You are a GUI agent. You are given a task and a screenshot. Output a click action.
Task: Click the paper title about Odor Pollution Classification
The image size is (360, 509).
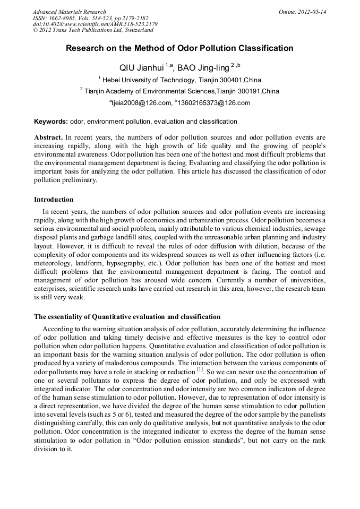[179, 48]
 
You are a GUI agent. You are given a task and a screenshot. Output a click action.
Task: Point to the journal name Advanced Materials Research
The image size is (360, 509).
[70, 12]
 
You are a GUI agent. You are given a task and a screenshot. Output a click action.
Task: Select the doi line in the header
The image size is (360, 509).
[95, 24]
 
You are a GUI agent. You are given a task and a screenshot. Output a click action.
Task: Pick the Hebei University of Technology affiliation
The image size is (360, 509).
[182, 80]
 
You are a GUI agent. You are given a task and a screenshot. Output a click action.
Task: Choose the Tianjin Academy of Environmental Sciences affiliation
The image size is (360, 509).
[181, 91]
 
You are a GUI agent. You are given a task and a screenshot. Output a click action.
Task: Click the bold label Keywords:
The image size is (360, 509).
[51, 122]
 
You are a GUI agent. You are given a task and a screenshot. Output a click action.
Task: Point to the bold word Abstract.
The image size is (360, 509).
[48, 136]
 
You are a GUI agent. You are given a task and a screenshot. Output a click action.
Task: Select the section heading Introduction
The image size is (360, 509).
[54, 200]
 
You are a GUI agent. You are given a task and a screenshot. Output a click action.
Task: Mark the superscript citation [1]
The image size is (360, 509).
[200, 369]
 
